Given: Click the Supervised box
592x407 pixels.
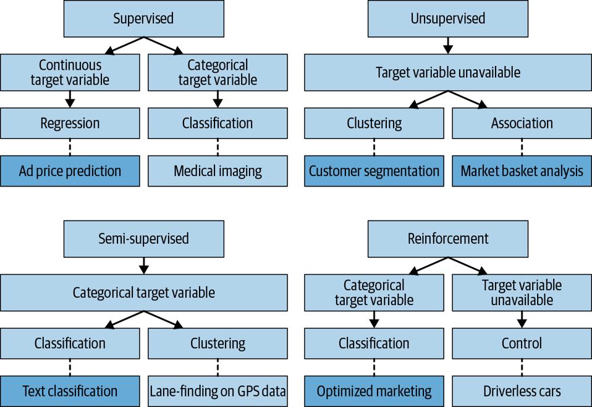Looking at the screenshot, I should [x=143, y=19].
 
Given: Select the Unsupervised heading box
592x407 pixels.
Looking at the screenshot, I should [x=448, y=19].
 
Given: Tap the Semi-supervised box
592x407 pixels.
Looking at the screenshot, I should [x=143, y=238].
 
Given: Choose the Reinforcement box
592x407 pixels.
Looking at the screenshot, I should [x=448, y=238].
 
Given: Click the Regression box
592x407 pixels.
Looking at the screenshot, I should [x=70, y=123].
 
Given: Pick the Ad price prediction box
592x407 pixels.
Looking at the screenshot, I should [x=70, y=171].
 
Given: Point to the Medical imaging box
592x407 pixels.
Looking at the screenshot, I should [x=218, y=171].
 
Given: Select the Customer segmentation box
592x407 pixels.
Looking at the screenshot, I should [x=374, y=171].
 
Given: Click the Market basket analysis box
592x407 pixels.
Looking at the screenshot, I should [x=522, y=171].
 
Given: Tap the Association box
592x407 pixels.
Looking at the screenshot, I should [x=522, y=123].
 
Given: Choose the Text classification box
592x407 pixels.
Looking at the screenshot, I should [x=70, y=391].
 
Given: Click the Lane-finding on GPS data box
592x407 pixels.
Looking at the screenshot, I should [x=218, y=391].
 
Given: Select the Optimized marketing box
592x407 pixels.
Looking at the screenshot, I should [x=374, y=391].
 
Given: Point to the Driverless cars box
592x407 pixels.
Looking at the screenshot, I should [x=522, y=391].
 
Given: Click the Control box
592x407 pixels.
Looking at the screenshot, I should [x=522, y=343].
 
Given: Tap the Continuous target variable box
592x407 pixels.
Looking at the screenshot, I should [x=70, y=72].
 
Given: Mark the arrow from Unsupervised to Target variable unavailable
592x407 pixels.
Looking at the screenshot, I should [x=448, y=44].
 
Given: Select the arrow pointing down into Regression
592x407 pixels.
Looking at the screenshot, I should [x=70, y=99].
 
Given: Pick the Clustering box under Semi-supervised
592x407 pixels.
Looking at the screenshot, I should [x=218, y=343].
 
